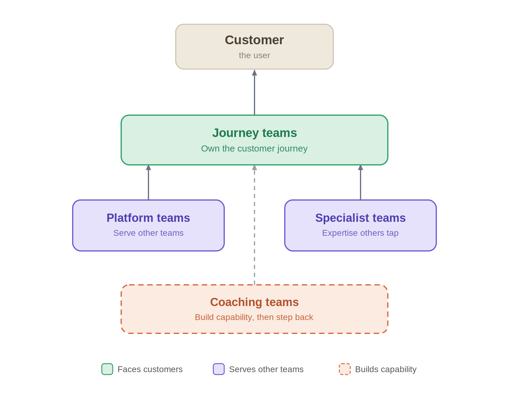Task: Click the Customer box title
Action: [254, 40]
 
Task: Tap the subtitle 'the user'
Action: [254, 55]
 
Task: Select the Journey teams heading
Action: [254, 133]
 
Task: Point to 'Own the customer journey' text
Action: [254, 148]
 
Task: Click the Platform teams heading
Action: [148, 218]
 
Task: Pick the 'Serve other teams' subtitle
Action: [148, 233]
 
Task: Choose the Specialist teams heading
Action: [360, 218]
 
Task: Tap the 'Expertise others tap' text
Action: [360, 233]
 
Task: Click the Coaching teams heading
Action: [254, 302]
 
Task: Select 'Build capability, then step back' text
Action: [254, 317]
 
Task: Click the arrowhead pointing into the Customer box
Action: [254, 73]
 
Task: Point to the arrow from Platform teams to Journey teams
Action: [148, 182]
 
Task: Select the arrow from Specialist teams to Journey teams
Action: [361, 182]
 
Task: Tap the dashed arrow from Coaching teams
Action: [254, 225]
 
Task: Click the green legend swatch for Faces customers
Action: [107, 369]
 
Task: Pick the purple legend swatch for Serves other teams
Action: [219, 369]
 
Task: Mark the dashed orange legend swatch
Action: [345, 369]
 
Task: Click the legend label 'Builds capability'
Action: [386, 369]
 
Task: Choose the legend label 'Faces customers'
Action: [150, 369]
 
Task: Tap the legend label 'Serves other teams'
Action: [266, 369]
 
